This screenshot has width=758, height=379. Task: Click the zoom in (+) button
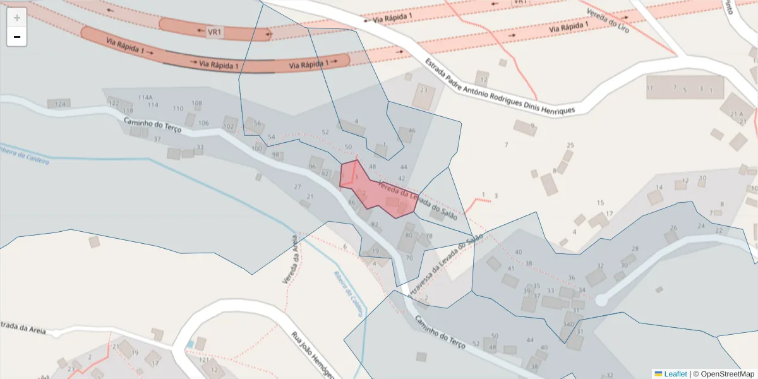click(17, 18)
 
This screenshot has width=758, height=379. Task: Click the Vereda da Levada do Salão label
click(417, 200)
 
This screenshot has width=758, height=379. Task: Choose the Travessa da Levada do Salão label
click(446, 264)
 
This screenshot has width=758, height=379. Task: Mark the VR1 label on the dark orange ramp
click(215, 31)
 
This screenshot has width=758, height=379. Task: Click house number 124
click(61, 104)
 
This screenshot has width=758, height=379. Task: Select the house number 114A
click(145, 97)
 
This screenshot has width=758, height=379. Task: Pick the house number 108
click(197, 103)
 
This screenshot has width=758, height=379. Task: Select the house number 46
click(412, 131)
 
